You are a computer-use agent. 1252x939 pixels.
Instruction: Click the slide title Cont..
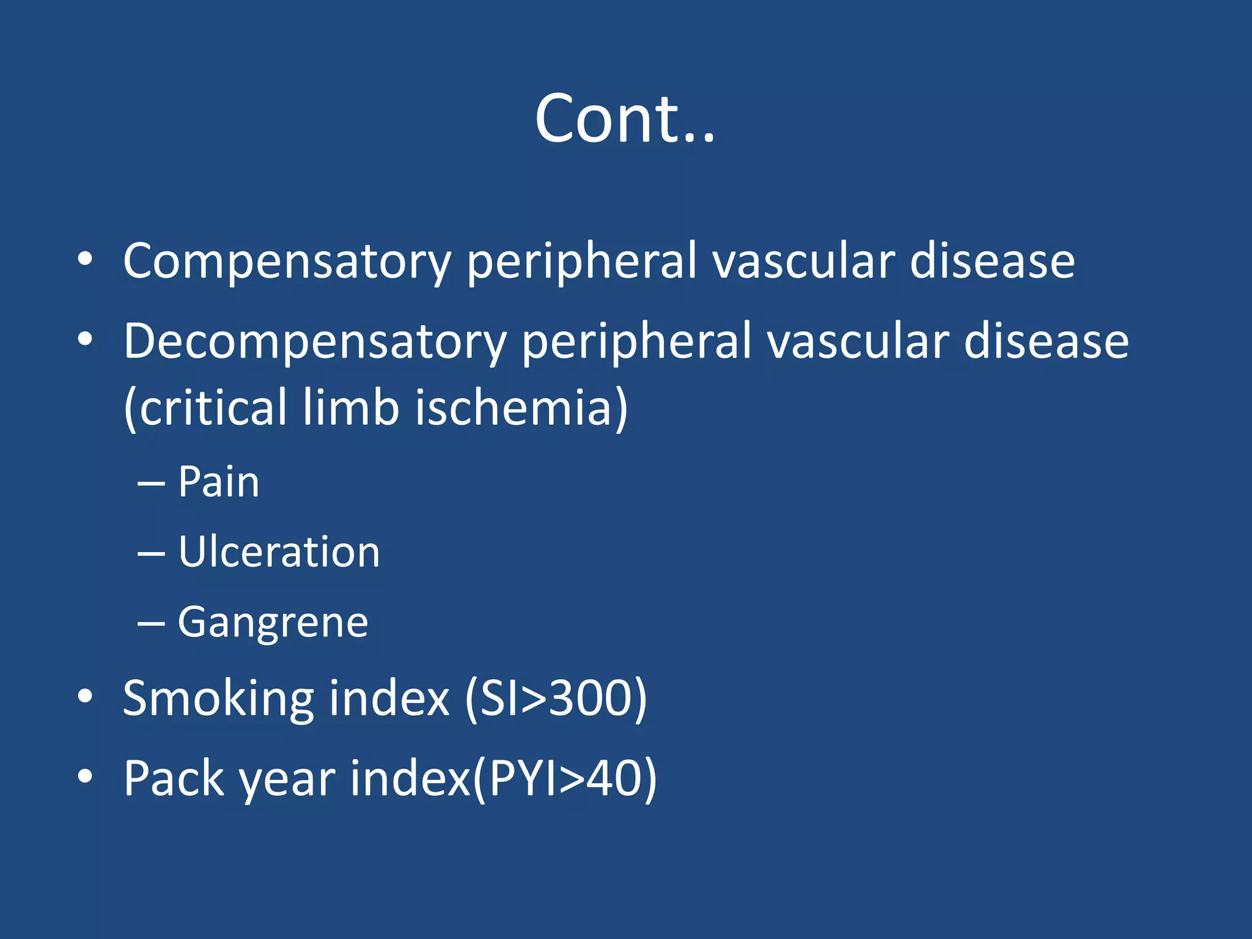624,119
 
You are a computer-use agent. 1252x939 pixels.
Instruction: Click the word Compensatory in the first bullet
287,262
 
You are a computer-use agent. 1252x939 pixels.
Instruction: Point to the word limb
351,408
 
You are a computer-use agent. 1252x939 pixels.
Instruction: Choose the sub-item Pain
218,482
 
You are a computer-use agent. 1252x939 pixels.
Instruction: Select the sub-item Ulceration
279,552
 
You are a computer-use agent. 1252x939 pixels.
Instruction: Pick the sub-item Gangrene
273,622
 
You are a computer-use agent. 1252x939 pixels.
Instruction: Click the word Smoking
218,698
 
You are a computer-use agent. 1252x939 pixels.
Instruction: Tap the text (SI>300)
556,698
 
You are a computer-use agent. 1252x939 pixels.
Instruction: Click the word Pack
174,778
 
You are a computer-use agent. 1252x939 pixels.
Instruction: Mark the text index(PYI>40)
503,778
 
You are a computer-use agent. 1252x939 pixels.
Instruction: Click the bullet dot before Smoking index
85,696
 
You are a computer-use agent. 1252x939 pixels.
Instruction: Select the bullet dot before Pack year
85,776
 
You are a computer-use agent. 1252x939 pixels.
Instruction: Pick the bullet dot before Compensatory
85,259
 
